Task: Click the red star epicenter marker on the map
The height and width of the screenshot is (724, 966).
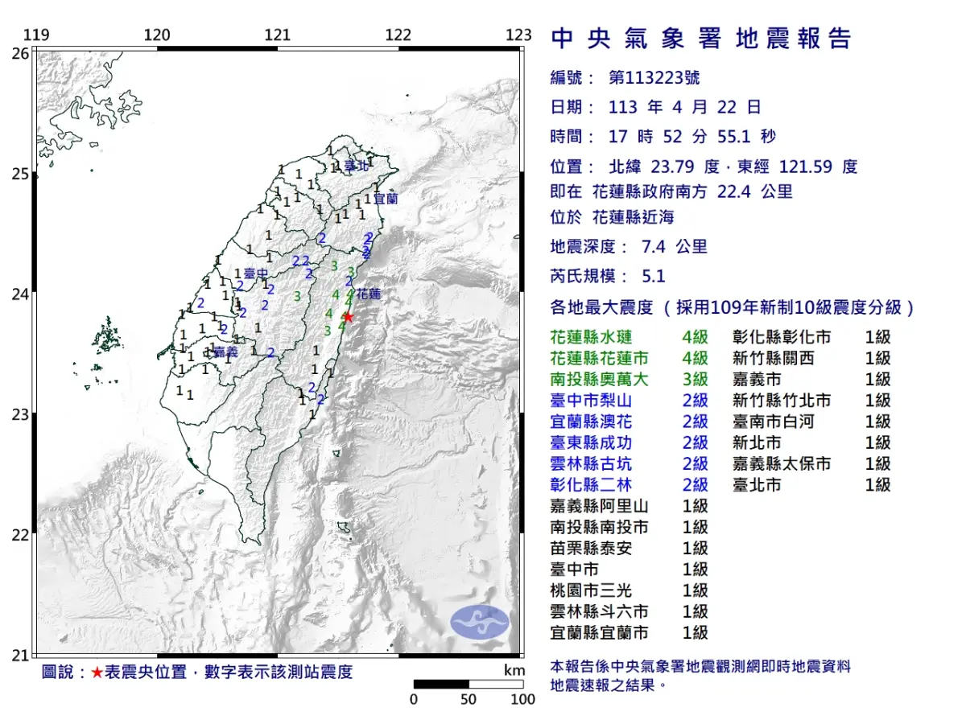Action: click(348, 316)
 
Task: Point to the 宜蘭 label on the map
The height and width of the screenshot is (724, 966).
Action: click(386, 198)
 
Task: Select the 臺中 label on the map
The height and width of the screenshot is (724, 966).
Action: click(256, 274)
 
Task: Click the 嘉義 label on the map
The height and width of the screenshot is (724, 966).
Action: click(226, 352)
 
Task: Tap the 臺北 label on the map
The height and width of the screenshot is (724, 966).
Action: click(356, 167)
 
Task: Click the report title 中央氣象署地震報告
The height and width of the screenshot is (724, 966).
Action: click(700, 39)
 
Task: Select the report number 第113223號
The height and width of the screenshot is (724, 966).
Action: click(654, 78)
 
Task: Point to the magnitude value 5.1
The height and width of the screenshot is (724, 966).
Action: click(654, 276)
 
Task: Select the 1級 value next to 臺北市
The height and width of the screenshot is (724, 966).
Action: click(877, 484)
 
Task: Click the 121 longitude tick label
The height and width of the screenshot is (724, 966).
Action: click(278, 35)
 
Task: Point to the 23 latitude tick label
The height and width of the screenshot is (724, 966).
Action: click(19, 415)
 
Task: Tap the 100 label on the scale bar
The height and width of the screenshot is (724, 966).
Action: click(522, 699)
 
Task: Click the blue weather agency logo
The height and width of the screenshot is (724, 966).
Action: click(479, 622)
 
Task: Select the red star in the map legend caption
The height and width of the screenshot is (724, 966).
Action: click(97, 673)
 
